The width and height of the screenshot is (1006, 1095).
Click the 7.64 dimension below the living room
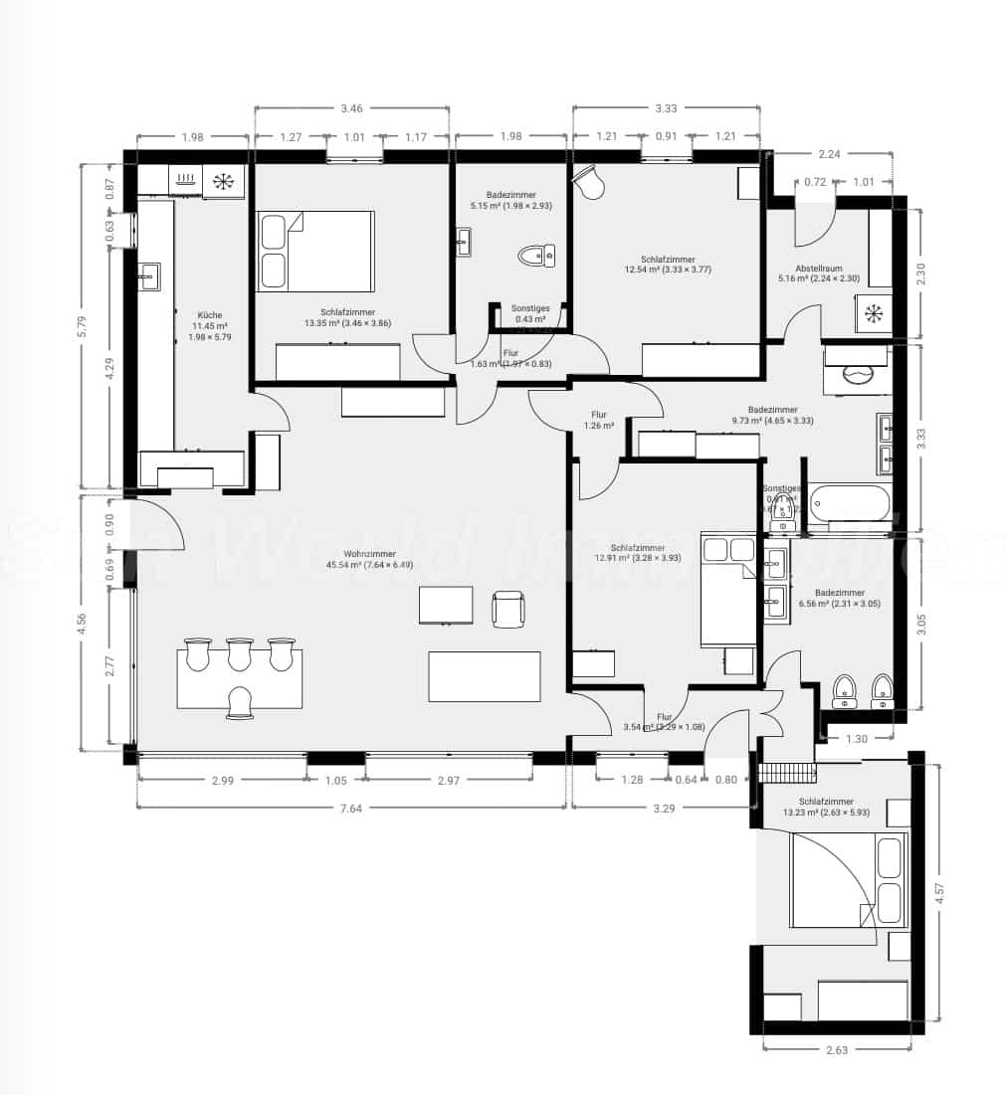[350, 809]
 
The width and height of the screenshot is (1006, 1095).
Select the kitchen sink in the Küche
[149, 275]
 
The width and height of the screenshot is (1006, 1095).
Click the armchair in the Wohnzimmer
[508, 608]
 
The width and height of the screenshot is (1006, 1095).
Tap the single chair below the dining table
[239, 702]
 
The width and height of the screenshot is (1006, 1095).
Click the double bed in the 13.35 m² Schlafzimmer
[314, 250]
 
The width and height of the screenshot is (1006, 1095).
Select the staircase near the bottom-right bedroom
[786, 771]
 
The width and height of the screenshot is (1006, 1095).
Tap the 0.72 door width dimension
[816, 182]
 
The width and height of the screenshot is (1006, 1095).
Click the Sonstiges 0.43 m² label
[529, 313]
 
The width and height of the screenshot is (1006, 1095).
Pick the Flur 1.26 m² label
[599, 421]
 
